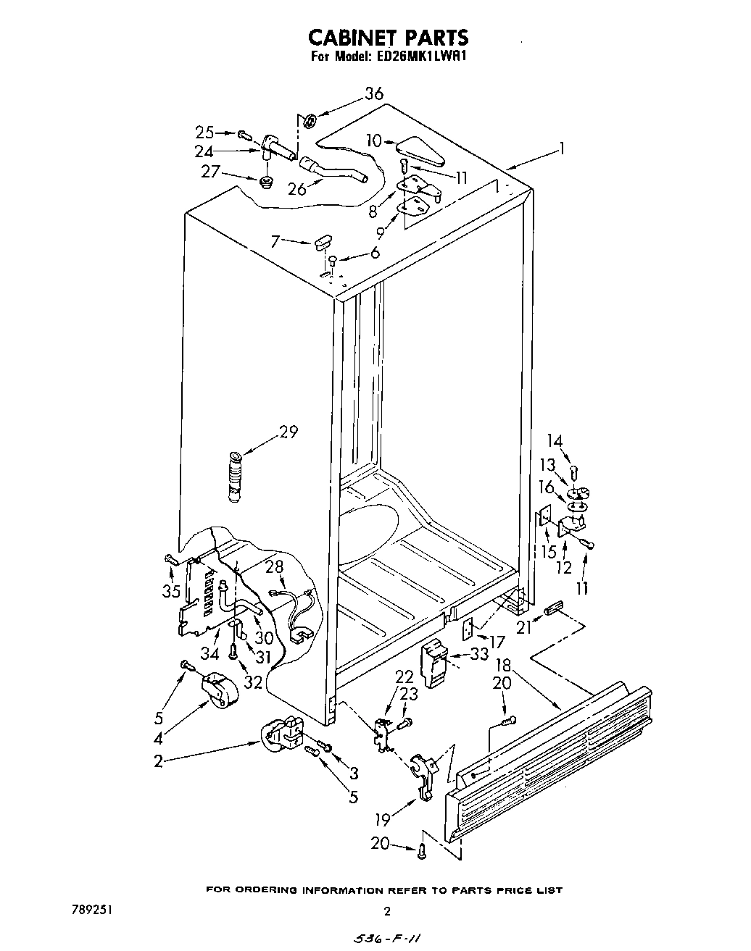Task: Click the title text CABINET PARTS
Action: coord(388,37)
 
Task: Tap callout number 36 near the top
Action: coord(373,93)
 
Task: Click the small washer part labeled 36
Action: coord(309,120)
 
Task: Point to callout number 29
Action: coord(288,432)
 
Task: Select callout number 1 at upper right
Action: coord(560,149)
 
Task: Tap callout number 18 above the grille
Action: coord(502,666)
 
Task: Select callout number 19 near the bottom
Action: coord(382,819)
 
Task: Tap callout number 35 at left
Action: coord(170,590)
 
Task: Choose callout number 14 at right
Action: coord(555,440)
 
